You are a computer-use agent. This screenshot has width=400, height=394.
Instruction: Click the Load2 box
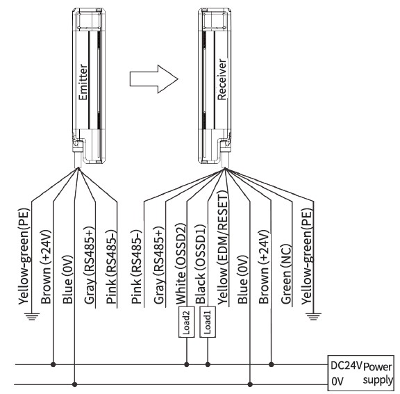coord(187,322)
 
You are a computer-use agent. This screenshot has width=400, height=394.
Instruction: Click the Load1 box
coord(208,322)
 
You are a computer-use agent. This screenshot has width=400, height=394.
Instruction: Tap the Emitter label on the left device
coord(83,82)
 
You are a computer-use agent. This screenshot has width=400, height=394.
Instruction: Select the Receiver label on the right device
coord(222,79)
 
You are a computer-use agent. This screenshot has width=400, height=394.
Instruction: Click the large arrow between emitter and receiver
coord(154,79)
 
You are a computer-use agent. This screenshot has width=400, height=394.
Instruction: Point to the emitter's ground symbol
coord(32,316)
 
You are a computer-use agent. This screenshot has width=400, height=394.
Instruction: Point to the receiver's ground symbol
coord(313,316)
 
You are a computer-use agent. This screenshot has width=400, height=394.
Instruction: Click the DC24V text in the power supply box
coord(346,366)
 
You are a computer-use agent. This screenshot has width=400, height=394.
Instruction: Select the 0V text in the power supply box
coord(337,381)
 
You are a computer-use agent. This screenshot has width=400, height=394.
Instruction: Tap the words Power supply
coord(378,373)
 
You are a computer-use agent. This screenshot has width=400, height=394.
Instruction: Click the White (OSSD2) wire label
coord(181,264)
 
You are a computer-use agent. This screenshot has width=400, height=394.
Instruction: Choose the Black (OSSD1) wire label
coord(200,264)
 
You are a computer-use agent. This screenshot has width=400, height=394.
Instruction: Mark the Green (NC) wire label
coord(285,274)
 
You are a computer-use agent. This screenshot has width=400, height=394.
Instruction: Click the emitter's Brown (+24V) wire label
coord(46,267)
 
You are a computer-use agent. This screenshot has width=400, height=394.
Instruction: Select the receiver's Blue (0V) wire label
coord(242,279)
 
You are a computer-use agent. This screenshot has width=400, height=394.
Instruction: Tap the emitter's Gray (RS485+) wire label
coord(90,265)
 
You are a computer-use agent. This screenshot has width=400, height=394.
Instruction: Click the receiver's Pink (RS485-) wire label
coord(137,266)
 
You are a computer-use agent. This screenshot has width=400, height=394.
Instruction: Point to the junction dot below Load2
coord(187,364)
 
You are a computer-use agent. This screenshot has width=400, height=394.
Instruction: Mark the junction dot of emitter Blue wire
coord(74,384)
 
